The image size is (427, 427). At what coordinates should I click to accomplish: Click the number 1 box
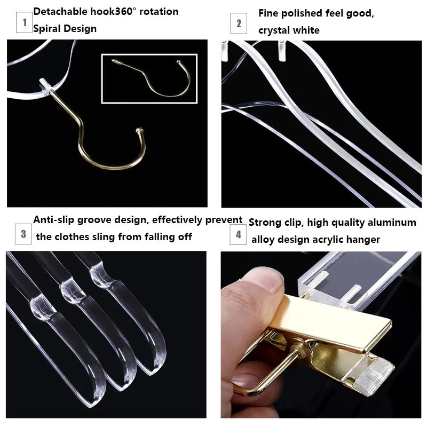[24, 22]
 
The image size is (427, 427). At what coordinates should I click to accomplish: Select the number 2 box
[239, 23]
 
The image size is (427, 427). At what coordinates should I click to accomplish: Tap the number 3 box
[23, 234]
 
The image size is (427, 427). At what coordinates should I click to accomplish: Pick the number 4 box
[238, 234]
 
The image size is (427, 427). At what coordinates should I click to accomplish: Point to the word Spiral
[45, 29]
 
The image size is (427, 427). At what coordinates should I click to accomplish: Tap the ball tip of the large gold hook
[139, 130]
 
